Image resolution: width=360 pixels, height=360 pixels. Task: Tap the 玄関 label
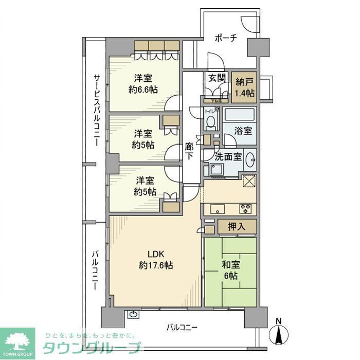point(216,78)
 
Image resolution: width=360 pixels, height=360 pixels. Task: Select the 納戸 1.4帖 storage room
point(245,87)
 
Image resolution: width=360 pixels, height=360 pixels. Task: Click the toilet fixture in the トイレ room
point(210,121)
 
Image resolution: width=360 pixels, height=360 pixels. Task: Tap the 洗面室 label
point(228,157)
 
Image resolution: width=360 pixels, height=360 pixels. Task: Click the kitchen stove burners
point(245,209)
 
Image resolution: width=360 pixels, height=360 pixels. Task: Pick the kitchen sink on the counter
point(217,209)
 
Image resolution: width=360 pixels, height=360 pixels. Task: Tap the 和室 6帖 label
point(230,271)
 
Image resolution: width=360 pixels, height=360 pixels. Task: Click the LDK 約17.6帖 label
point(155,260)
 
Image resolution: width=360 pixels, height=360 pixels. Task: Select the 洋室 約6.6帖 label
point(143,84)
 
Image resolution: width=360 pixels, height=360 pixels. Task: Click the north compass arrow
point(278,335)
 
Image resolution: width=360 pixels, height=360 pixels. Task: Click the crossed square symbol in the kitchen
point(249,182)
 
